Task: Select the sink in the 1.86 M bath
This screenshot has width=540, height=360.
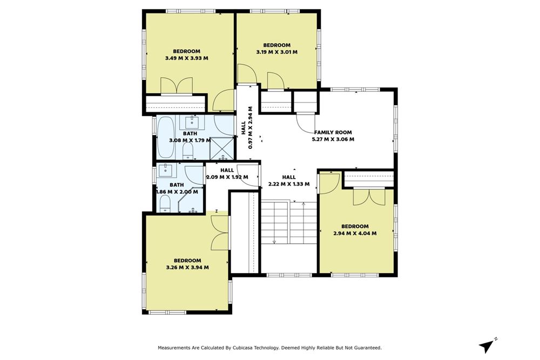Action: coord(166,171)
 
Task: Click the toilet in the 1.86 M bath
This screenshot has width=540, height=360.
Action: coord(166,204)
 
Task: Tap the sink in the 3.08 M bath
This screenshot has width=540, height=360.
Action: coord(192,121)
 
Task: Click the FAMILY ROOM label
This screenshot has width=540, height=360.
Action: coord(333,132)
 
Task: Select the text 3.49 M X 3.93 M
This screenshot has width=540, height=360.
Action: coord(186,58)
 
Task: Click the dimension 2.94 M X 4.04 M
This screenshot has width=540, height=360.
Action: coord(355,233)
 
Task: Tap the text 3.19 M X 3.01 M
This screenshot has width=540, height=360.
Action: coord(276,52)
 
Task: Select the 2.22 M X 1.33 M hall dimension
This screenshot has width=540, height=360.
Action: coord(289,184)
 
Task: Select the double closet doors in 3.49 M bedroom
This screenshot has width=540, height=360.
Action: coord(177,86)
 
